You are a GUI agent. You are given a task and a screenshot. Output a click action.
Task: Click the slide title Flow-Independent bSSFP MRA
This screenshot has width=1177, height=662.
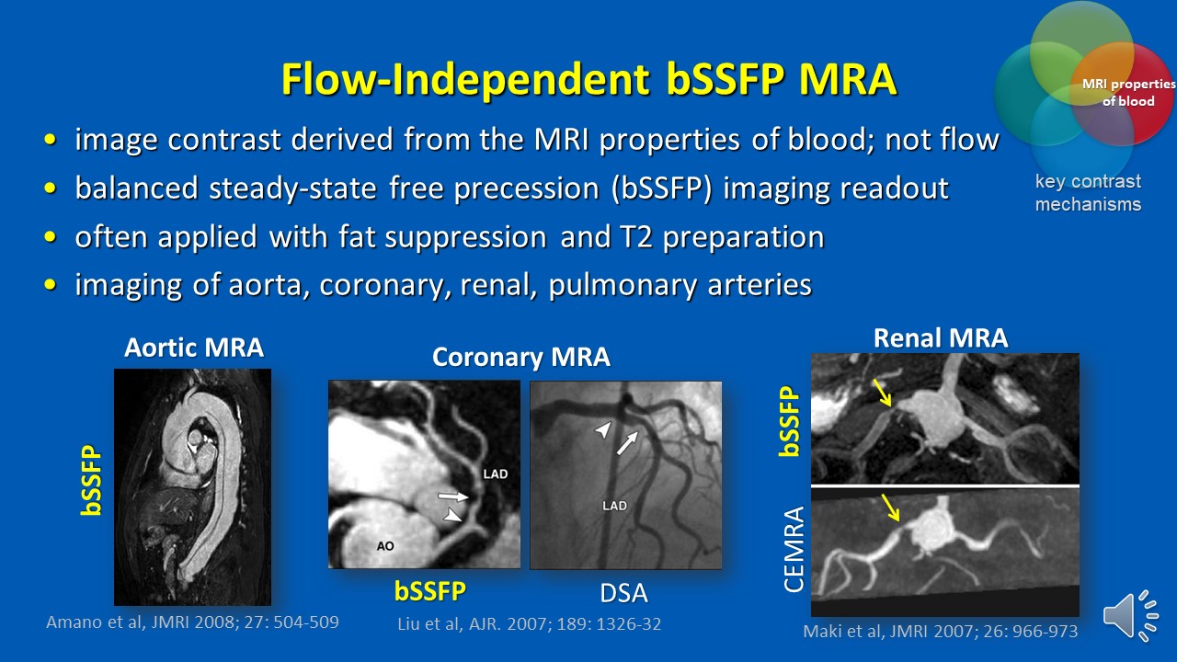(588, 80)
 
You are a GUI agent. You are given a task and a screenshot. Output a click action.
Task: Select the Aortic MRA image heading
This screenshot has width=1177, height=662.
(194, 348)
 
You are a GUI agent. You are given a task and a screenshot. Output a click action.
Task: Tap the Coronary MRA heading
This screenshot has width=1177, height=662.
(521, 358)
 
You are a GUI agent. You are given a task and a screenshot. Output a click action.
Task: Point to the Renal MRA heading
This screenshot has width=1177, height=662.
(941, 338)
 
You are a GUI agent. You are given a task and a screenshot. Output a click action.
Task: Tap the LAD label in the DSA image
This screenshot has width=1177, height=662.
(614, 505)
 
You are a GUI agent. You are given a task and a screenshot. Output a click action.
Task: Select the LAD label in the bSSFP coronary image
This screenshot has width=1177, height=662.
(495, 474)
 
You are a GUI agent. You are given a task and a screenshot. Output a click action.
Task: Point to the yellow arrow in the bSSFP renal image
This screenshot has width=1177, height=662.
(882, 394)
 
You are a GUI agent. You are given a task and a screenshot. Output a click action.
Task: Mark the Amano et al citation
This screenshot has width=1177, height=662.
(192, 622)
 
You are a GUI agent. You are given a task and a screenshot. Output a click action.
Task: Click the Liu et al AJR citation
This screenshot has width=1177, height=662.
(529, 624)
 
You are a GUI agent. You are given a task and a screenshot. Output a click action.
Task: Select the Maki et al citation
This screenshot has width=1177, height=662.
(941, 632)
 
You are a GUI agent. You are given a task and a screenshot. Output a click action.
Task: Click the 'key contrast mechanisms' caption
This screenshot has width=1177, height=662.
(1088, 192)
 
